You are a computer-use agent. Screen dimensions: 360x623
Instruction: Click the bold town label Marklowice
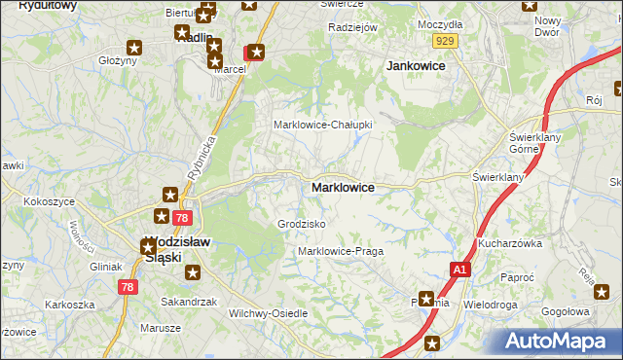(342, 187)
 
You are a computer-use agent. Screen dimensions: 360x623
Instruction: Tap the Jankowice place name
(416, 65)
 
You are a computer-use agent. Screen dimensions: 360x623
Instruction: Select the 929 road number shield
(446, 40)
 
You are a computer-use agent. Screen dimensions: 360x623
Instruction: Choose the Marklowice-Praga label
(341, 251)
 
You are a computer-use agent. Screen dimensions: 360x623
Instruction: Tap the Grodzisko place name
(302, 224)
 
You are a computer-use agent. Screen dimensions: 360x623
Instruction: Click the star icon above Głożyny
(134, 46)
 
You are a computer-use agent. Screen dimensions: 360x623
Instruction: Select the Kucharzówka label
(509, 244)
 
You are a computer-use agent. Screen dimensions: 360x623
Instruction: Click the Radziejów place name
(352, 27)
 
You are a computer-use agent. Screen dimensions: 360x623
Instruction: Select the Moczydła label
(440, 22)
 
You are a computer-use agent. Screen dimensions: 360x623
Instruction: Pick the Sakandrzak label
(189, 303)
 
